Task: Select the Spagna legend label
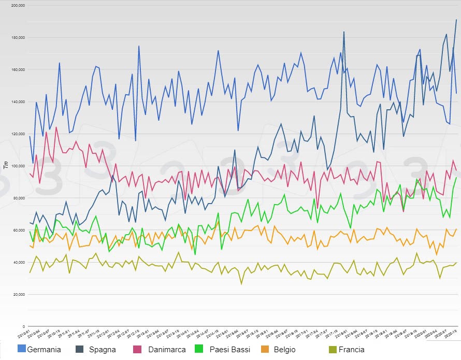coord(102,350)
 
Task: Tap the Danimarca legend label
coord(166,350)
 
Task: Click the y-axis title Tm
coord(6,165)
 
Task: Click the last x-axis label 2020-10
coord(451,334)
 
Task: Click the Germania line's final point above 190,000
coord(456,20)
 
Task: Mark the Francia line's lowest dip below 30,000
coord(241,284)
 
